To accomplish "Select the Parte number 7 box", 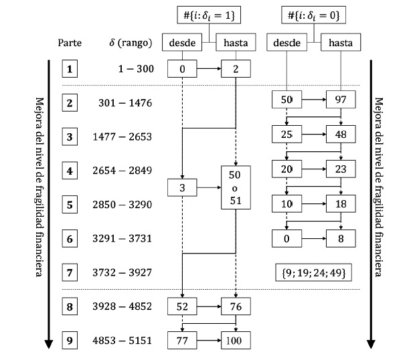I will click(70, 272).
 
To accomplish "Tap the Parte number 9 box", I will click(70, 340).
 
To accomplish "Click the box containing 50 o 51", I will click(236, 188).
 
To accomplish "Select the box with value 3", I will click(183, 189).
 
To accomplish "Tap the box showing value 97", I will click(340, 101).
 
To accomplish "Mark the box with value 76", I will click(236, 307).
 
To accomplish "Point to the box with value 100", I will click(236, 341).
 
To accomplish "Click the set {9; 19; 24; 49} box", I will click(313, 272).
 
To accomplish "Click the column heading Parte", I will click(70, 43).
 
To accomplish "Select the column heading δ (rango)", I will click(131, 43).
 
